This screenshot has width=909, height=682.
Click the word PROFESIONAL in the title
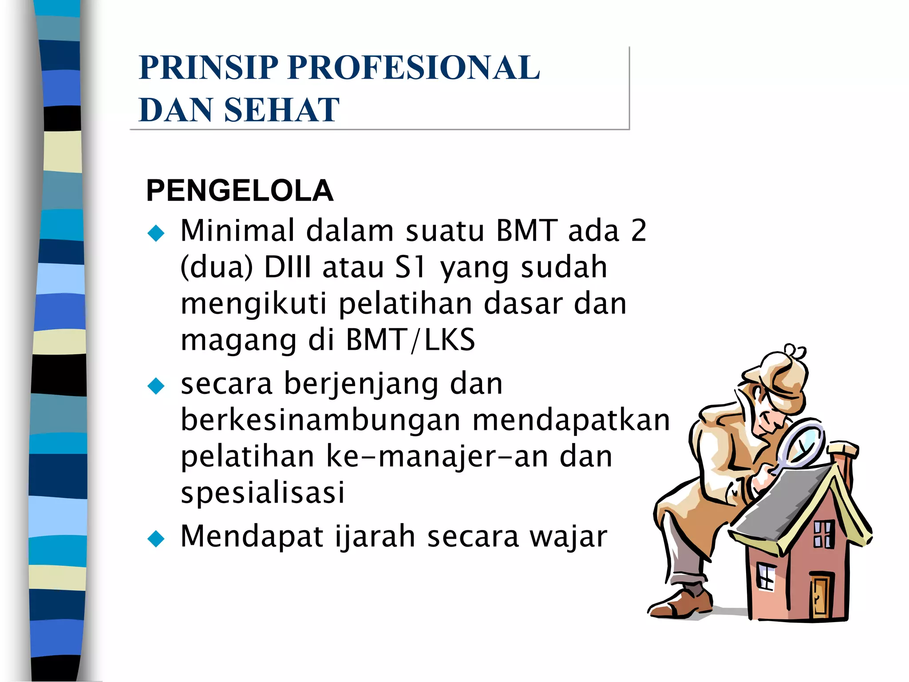pyautogui.click(x=414, y=67)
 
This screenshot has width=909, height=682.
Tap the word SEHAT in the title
pyautogui.click(x=282, y=110)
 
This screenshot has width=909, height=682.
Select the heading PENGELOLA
pyautogui.click(x=239, y=191)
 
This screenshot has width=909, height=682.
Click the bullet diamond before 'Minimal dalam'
pyautogui.click(x=156, y=233)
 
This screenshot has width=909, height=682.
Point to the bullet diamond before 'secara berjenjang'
pyautogui.click(x=156, y=385)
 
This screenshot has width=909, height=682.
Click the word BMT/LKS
pyautogui.click(x=410, y=340)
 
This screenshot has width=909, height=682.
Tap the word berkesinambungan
pyautogui.click(x=320, y=420)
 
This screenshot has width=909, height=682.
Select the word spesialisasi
pyautogui.click(x=263, y=492)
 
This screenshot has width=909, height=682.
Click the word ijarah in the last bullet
pyautogui.click(x=375, y=536)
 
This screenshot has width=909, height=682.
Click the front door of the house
pyautogui.click(x=820, y=596)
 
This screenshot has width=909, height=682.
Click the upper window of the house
pyautogui.click(x=824, y=534)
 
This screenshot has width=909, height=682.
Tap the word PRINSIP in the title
pyautogui.click(x=208, y=67)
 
